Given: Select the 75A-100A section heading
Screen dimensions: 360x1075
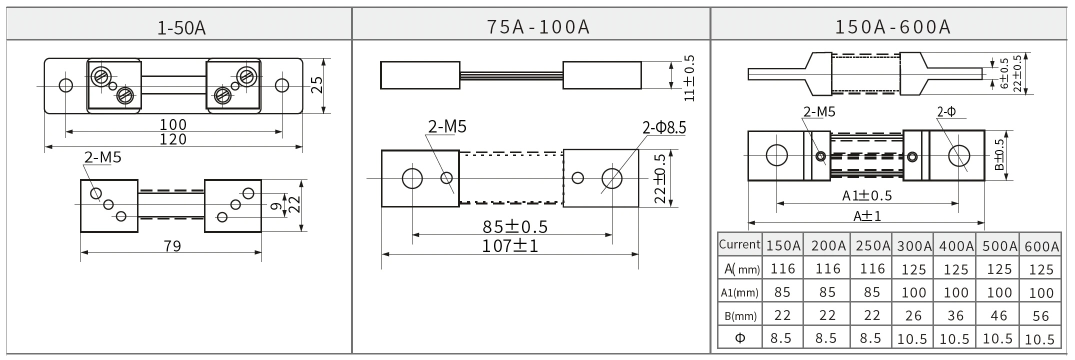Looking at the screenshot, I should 538,26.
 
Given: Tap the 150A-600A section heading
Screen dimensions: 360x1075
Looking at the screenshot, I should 892,26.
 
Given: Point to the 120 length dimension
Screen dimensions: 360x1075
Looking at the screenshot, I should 173,139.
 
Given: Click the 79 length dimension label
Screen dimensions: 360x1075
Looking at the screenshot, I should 172,246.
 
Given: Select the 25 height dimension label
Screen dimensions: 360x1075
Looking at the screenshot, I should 316,85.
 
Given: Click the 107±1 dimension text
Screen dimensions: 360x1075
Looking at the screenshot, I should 510,246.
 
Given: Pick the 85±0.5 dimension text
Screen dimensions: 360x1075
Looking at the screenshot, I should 515,227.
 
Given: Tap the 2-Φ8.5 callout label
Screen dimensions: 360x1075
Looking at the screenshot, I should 664,128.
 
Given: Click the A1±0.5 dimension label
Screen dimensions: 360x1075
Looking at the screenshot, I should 867,195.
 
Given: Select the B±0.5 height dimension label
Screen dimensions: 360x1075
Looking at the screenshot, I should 999,154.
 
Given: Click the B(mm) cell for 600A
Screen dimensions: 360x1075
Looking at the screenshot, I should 1040,316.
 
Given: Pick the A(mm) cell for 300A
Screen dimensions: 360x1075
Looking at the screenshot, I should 913,270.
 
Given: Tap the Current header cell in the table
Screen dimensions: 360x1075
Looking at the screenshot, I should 739,244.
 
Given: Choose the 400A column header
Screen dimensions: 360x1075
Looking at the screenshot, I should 956,246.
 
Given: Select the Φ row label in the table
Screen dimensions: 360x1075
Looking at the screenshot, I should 740,338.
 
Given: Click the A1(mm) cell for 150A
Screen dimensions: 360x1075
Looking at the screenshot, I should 782,292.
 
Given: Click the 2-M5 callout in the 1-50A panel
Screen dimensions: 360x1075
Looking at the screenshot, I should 102,158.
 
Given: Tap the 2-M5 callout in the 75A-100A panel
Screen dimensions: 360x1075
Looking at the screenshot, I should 447,127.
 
